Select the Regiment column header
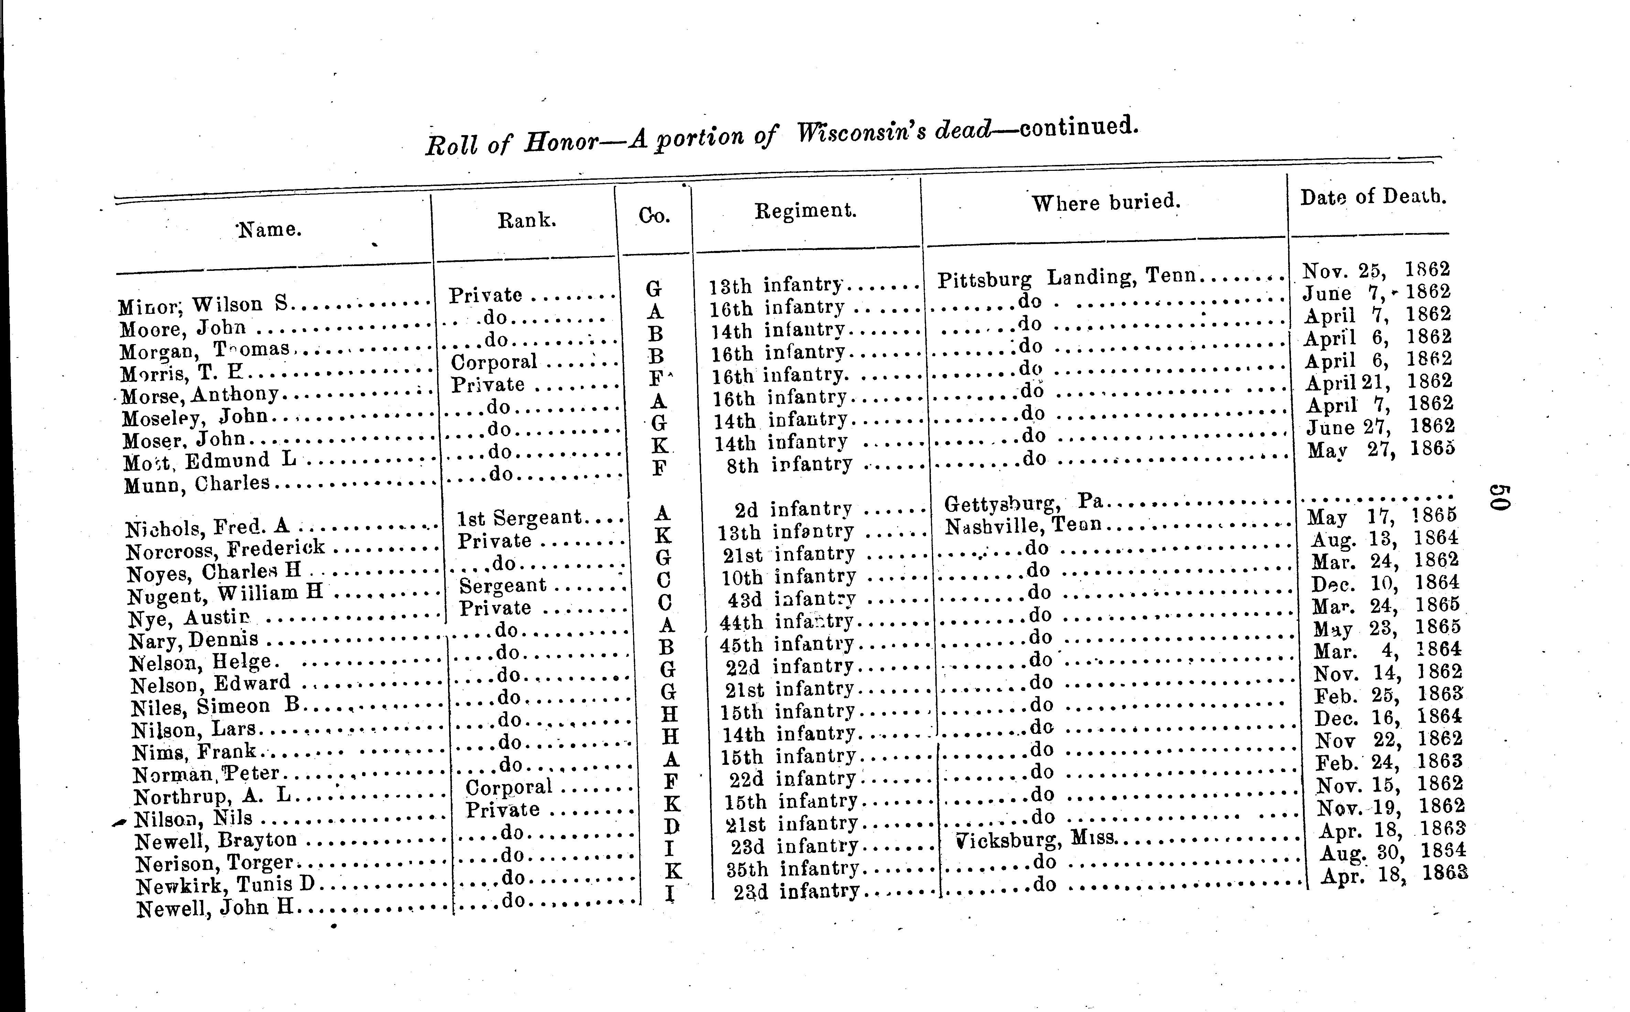(805, 211)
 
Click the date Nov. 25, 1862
(1376, 270)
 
